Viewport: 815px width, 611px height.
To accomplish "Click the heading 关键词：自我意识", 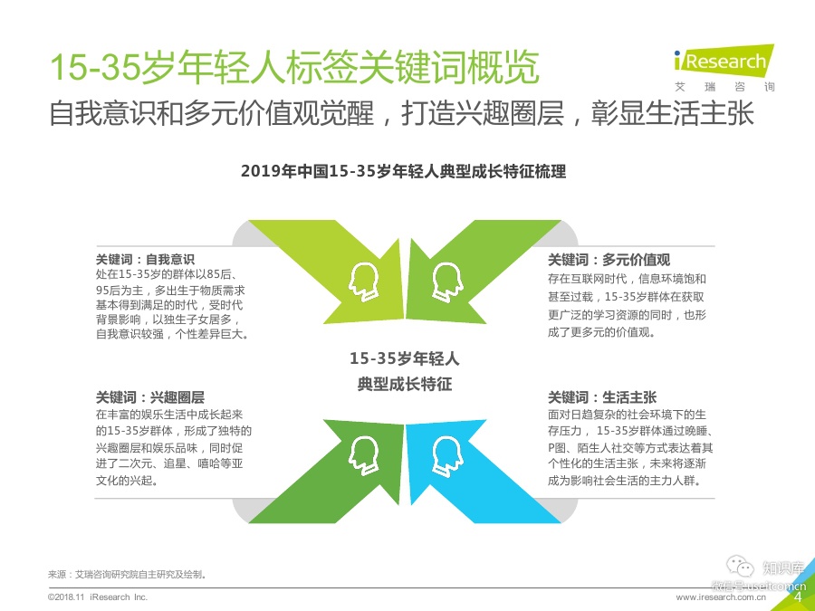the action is point(145,258).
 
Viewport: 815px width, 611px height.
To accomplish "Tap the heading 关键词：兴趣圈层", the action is point(150,396).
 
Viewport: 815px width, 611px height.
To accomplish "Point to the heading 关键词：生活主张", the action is point(602,396).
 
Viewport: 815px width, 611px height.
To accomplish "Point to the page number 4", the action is point(798,597).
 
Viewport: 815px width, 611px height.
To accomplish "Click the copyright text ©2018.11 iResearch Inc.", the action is point(97,598).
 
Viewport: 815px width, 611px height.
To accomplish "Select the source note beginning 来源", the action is point(128,574).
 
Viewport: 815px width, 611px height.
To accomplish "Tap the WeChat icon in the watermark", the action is point(743,568).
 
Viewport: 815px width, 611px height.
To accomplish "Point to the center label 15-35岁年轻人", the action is point(405,359).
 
